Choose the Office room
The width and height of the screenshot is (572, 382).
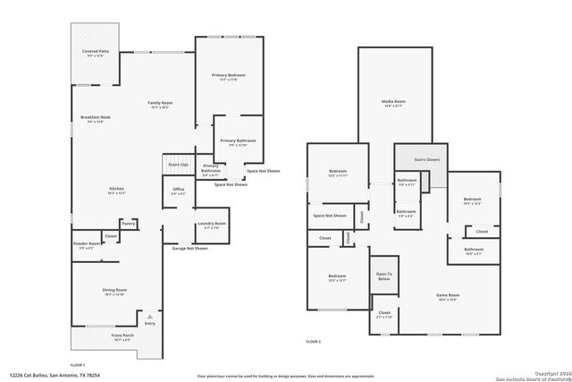coord(178,190)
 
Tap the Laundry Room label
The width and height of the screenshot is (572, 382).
coord(215,225)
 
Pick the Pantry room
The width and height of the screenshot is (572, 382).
coord(129,224)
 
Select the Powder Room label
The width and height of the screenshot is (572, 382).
coord(87,244)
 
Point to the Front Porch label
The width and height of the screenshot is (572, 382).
coord(122,337)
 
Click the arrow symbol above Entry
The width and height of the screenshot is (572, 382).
coord(149,316)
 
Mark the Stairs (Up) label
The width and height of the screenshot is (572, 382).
coord(178,166)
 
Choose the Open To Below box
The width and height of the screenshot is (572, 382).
coord(383,276)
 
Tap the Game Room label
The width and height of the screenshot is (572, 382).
coord(447,296)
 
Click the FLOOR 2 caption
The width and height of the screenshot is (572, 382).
coord(313,342)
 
